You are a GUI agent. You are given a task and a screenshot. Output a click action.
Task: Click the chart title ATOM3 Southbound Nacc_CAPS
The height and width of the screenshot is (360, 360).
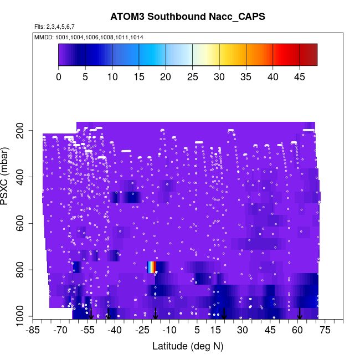pos(188,17)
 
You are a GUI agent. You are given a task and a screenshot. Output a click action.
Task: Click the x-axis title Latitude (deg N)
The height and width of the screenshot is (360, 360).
pos(188,346)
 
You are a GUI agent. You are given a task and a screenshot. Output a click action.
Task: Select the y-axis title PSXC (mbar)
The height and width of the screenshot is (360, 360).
pos(8,177)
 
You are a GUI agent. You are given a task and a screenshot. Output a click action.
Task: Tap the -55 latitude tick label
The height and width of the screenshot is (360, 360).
pos(88,330)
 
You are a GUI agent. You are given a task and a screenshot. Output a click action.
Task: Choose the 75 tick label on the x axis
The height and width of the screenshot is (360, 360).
pos(325,330)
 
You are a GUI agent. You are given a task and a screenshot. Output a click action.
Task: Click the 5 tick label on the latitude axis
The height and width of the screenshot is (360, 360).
pos(197,330)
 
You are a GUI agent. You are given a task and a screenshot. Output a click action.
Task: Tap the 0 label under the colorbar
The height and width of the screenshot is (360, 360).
pos(59,77)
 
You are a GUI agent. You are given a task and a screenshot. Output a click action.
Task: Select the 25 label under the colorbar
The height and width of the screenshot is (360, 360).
pos(193,77)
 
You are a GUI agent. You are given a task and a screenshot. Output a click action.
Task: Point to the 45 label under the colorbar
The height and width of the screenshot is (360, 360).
pos(300,77)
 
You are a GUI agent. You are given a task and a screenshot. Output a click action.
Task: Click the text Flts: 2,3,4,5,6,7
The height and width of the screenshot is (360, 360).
pos(54,27)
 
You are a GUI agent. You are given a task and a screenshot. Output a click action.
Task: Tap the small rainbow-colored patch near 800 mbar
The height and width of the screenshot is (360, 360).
pos(151,267)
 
